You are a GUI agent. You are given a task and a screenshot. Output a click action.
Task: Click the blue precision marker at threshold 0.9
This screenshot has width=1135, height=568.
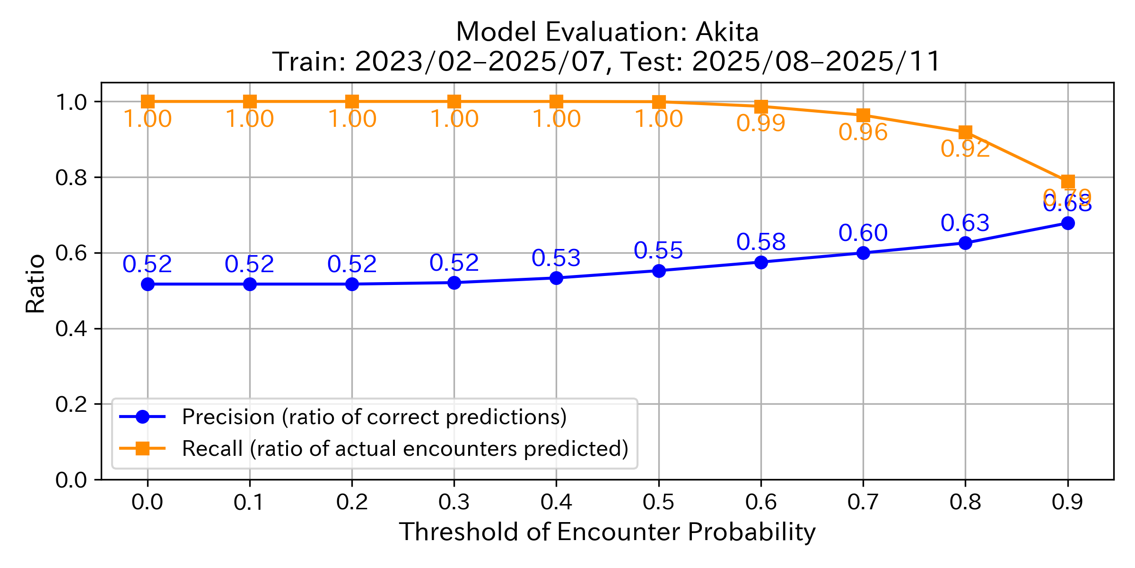1067,223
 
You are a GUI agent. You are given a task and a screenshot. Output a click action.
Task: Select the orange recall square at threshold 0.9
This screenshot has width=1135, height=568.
1067,182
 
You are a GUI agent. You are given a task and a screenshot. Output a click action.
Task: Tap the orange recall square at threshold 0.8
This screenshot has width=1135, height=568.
965,132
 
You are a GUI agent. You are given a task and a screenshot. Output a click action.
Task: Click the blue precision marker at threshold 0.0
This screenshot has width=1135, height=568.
148,284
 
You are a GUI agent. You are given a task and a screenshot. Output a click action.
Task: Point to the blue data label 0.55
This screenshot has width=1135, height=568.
658,250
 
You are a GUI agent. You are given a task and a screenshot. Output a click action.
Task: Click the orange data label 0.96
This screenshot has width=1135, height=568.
863,133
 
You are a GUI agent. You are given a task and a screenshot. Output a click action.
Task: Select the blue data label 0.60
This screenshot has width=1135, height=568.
863,233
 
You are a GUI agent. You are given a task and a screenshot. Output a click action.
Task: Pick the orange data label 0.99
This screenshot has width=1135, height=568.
760,124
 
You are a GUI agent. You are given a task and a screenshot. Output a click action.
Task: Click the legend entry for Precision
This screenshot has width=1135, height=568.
374,417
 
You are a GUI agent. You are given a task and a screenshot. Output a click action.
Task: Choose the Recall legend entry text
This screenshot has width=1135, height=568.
405,449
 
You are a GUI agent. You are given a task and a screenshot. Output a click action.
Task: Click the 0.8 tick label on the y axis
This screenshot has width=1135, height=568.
71,177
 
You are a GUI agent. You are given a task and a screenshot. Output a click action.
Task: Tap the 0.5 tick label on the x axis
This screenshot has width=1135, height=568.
658,502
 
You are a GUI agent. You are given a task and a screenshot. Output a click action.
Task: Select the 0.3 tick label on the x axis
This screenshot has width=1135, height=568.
454,502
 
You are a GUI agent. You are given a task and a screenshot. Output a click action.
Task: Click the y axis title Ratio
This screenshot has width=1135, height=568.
35,284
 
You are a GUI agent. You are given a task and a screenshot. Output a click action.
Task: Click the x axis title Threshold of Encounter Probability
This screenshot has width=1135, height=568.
607,532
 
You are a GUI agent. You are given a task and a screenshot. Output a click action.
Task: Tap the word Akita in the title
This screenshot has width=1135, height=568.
727,32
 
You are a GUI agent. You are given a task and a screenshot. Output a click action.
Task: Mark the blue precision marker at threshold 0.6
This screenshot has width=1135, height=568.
761,262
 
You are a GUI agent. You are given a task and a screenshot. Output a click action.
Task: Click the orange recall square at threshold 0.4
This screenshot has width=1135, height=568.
556,101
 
